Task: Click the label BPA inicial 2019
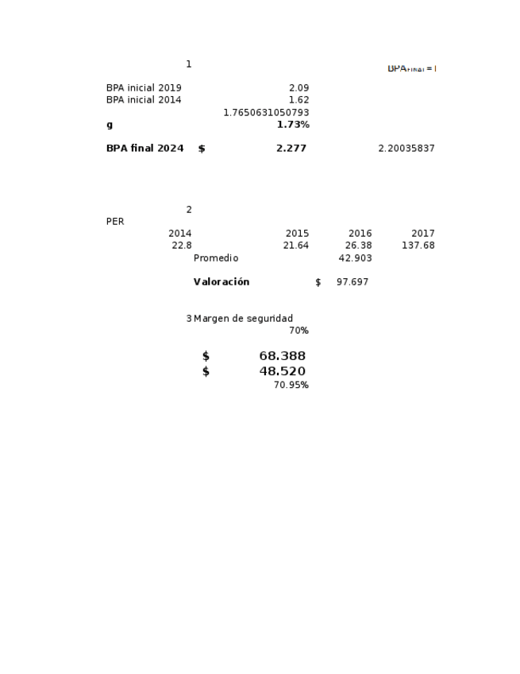144,88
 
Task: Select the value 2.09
299,88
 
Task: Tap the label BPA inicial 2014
144,100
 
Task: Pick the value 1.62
299,100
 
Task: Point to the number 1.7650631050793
266,113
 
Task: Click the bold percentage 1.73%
293,125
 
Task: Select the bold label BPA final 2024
144,149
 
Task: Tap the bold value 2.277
291,149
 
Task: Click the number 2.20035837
406,149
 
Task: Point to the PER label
115,222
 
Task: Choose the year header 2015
297,234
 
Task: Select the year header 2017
423,234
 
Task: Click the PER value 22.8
182,246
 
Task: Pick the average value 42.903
355,258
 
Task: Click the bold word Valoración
221,282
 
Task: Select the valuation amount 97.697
352,282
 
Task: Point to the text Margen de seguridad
243,319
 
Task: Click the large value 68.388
282,356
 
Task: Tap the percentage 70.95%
291,385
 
